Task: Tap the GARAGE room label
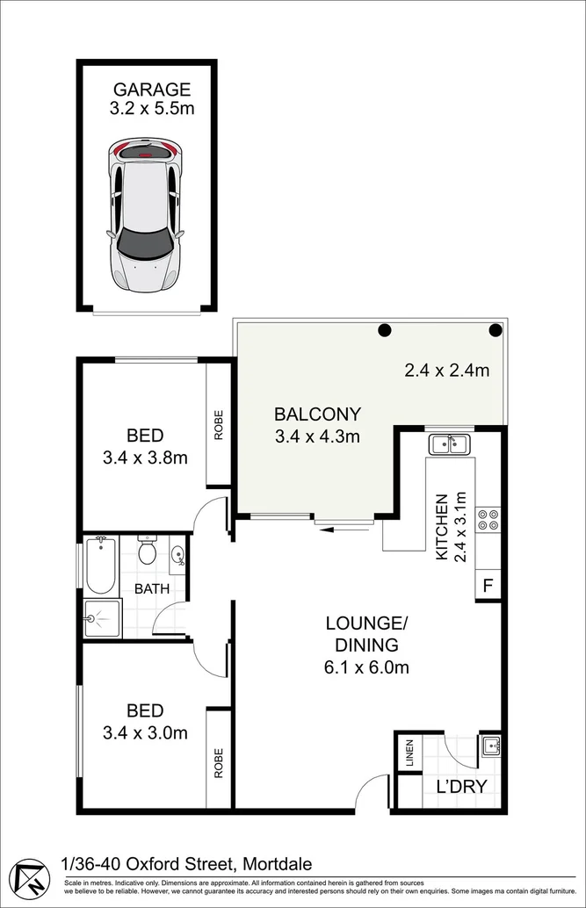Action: (x=152, y=90)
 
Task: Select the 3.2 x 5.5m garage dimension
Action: (x=152, y=108)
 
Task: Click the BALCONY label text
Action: (x=317, y=414)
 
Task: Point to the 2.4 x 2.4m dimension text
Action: (x=447, y=370)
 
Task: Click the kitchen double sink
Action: (x=451, y=444)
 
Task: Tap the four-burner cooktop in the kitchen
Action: (x=488, y=520)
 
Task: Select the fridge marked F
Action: (x=488, y=586)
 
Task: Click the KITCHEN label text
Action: (x=442, y=527)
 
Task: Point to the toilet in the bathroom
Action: (x=148, y=550)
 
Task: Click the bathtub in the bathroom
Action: (x=101, y=566)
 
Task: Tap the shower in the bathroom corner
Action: (x=103, y=618)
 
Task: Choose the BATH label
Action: (x=152, y=589)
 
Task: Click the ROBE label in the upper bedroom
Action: (x=219, y=425)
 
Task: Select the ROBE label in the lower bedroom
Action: (x=219, y=763)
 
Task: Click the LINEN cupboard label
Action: (x=409, y=753)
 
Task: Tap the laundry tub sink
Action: (x=489, y=746)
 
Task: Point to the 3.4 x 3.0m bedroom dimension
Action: (x=146, y=733)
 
